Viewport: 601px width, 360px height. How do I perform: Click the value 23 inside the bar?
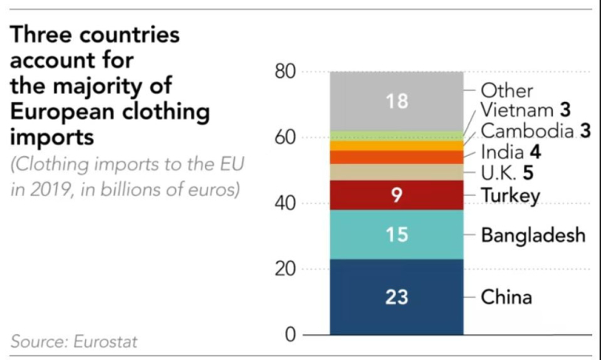(x=396, y=297)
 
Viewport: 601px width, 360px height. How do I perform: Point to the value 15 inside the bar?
(x=396, y=235)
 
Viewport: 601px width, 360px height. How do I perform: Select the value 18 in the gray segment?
(x=396, y=101)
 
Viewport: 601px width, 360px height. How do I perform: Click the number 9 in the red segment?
(x=396, y=195)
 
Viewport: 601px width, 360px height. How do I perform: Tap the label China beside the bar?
(x=506, y=297)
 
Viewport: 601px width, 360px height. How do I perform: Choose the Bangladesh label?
(x=534, y=235)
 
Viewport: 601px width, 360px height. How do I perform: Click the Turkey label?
(x=510, y=195)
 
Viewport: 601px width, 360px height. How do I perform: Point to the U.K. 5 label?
(x=507, y=173)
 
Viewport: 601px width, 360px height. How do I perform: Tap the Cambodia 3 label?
(x=529, y=130)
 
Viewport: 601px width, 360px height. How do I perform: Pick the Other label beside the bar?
(x=507, y=91)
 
